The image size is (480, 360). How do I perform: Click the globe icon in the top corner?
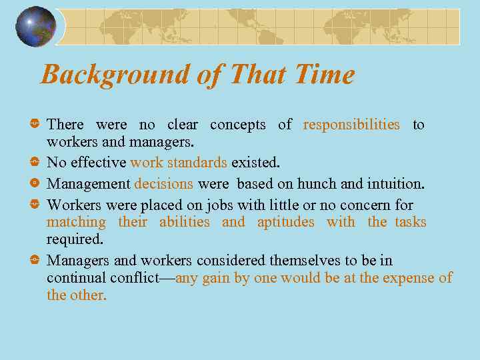pos(35,27)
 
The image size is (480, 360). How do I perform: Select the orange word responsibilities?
pos(351,125)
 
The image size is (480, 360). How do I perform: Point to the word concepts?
pos(238,125)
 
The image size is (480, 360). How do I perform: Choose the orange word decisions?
pos(163,183)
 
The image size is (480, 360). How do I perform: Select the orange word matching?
pos(76,222)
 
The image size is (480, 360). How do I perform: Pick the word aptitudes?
pos(285,222)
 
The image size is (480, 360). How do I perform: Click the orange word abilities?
pos(184,222)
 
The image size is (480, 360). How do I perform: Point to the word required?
pos(75,239)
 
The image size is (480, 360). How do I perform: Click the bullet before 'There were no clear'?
pos(34,125)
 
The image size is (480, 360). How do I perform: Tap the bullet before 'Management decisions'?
pos(34,183)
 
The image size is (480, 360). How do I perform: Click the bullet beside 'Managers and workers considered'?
pos(34,261)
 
